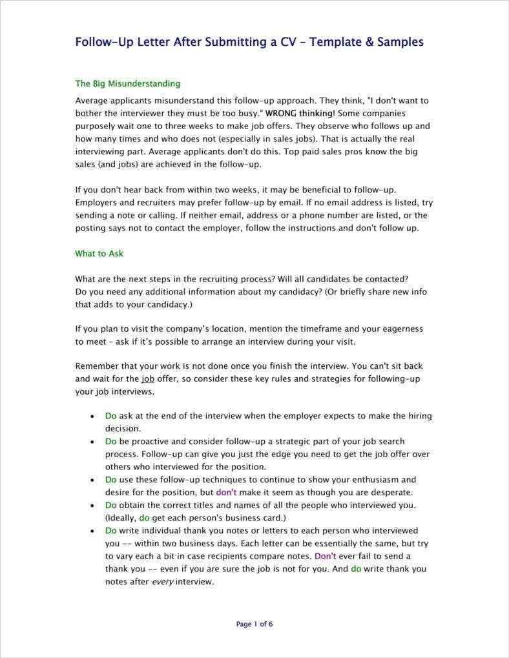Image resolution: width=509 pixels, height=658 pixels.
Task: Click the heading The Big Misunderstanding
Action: [x=127, y=83]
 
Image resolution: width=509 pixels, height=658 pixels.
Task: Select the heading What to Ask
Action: [x=99, y=253]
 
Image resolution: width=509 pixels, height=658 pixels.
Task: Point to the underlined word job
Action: [x=148, y=379]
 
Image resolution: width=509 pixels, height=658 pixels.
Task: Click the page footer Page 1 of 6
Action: [x=254, y=624]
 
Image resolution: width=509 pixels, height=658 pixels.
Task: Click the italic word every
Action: [x=162, y=581]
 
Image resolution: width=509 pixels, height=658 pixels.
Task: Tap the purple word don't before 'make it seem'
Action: [x=226, y=492]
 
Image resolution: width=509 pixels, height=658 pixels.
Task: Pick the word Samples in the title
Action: [x=400, y=43]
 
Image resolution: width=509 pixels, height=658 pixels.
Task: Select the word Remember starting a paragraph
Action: [x=96, y=366]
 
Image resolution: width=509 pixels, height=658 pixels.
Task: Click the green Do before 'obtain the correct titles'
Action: [x=110, y=505]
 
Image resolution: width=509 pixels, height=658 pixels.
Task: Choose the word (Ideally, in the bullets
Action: [x=121, y=518]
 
